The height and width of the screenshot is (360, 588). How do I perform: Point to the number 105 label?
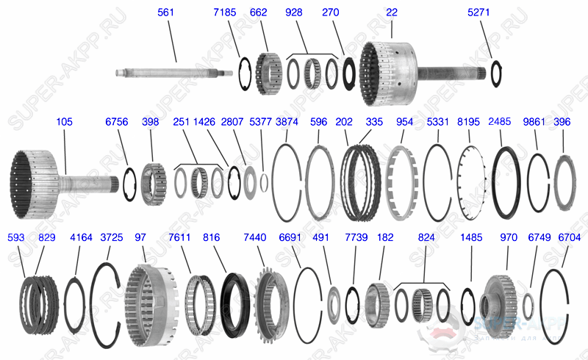click(x=64, y=121)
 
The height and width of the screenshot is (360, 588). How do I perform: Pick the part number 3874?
click(x=287, y=121)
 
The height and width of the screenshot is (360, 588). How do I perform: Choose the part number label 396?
click(x=562, y=121)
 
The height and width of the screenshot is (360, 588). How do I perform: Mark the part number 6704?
click(x=569, y=238)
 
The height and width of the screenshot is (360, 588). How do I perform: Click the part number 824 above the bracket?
click(x=426, y=238)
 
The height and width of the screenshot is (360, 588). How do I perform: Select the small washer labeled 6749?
click(x=528, y=304)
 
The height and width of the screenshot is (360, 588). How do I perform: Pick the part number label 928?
click(x=294, y=12)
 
